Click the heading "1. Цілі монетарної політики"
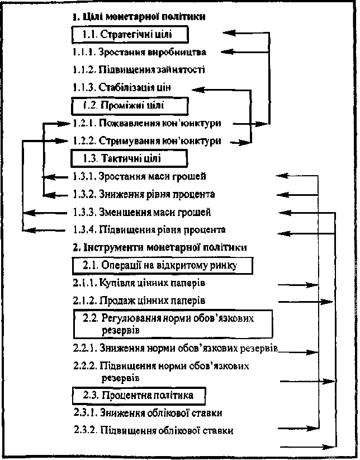point(139,16)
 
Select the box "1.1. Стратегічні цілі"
point(130,35)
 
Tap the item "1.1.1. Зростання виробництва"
point(139,52)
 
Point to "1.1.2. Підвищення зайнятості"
point(139,70)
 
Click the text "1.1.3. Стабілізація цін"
point(122,87)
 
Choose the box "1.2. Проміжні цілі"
point(129,106)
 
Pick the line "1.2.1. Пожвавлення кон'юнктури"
point(146,123)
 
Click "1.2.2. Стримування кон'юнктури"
point(146,141)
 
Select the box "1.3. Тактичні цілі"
point(129,159)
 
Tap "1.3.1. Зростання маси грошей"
point(139,176)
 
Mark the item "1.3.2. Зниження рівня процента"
point(144,194)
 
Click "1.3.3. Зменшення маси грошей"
point(141,212)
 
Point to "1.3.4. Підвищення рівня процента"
point(149,229)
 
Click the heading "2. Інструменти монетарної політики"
point(160,247)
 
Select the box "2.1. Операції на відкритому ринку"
point(163,265)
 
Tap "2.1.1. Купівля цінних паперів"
point(139,283)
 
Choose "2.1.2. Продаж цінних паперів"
point(139,301)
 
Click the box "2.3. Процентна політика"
point(139,396)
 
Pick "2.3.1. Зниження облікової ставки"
point(148,413)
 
